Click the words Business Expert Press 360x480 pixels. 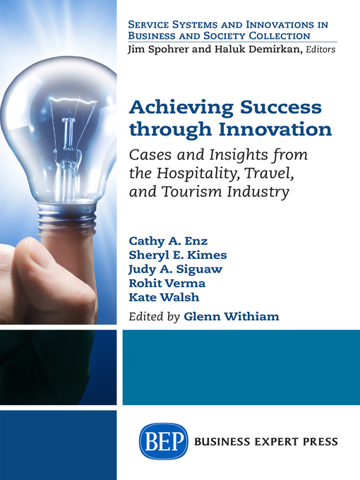269,442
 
